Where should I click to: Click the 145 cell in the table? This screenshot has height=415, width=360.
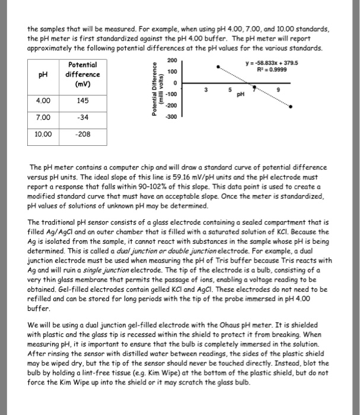click(x=83, y=100)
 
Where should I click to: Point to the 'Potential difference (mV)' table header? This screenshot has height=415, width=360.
click(x=83, y=75)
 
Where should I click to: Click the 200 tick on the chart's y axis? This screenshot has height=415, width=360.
click(x=172, y=60)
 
